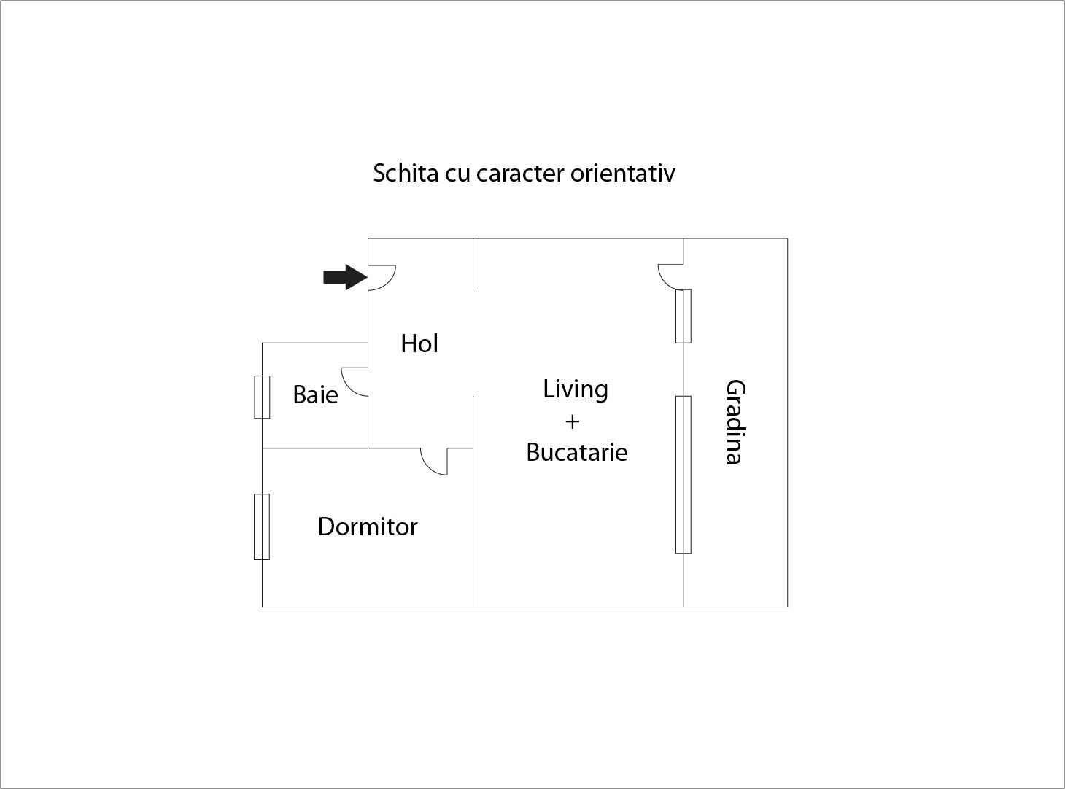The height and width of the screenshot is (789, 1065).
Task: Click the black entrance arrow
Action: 345,277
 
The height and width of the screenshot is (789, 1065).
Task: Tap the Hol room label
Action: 419,344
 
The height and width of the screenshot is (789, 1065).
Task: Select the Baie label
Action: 315,394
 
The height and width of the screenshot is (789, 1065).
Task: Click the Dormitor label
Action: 368,526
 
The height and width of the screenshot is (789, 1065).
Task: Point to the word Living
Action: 576,389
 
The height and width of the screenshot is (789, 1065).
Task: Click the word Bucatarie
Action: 577,452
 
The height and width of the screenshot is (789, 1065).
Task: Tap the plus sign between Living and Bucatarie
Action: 573,421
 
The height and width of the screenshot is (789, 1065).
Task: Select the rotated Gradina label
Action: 735,421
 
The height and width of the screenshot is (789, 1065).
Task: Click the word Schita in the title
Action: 406,173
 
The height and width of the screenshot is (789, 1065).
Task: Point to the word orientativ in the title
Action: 623,173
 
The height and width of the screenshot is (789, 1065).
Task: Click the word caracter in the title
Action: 520,174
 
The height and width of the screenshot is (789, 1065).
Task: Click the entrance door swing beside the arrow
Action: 388,281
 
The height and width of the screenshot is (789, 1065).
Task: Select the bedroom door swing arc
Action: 429,467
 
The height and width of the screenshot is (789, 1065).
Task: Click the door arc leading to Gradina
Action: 665,282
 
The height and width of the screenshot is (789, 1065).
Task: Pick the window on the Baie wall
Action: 262,397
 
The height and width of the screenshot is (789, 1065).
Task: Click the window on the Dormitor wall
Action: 262,526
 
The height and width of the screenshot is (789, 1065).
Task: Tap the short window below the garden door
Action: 683,316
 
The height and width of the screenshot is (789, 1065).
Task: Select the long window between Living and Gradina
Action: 683,475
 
